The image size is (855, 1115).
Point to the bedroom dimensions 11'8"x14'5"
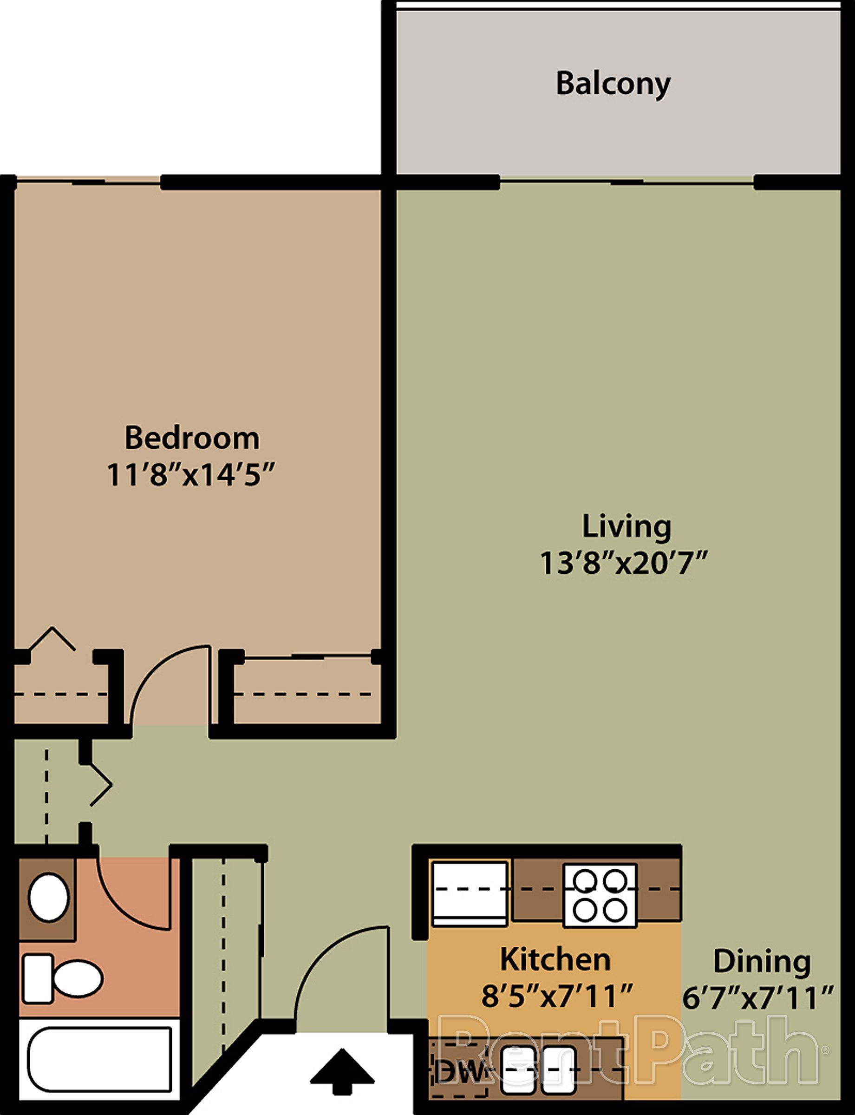coord(191,475)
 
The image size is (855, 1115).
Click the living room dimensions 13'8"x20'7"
coord(624,564)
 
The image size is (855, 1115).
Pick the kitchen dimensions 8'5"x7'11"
coord(557,997)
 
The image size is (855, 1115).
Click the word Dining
coord(761,962)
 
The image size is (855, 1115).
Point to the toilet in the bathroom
coord(63,978)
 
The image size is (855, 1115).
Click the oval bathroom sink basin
coord(48,897)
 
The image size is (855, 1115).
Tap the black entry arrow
coord(342,1071)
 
